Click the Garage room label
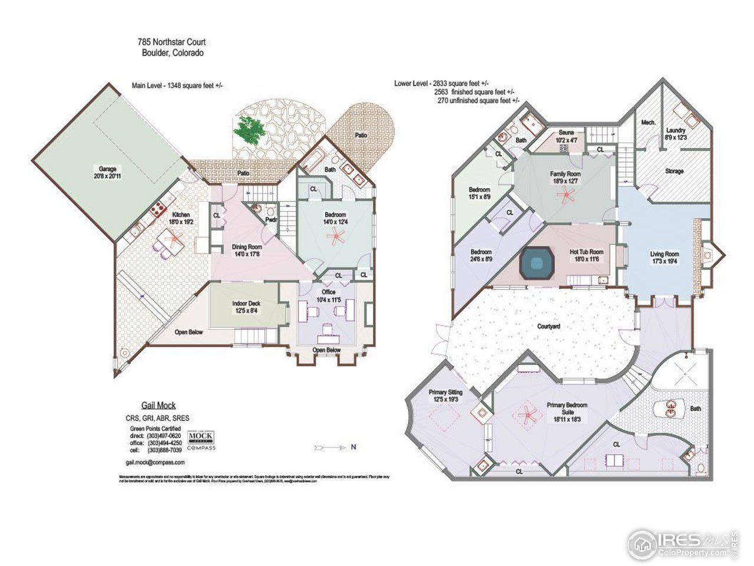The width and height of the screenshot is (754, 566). [x=107, y=169]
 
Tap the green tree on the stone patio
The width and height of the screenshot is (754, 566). [x=249, y=130]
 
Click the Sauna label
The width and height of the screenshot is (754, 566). [x=566, y=133]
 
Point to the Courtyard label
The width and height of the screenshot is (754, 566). [x=548, y=326]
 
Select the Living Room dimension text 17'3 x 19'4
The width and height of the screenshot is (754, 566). [x=664, y=262]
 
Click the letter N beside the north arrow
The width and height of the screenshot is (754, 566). [x=353, y=447]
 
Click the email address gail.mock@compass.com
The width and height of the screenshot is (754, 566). [x=156, y=463]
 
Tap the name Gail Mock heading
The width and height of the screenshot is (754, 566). [x=158, y=406]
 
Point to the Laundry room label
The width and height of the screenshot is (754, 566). [x=676, y=130]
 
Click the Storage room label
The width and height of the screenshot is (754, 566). [x=674, y=171]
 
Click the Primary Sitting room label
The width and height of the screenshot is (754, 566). [x=445, y=392]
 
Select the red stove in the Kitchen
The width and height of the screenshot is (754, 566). [x=158, y=209]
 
